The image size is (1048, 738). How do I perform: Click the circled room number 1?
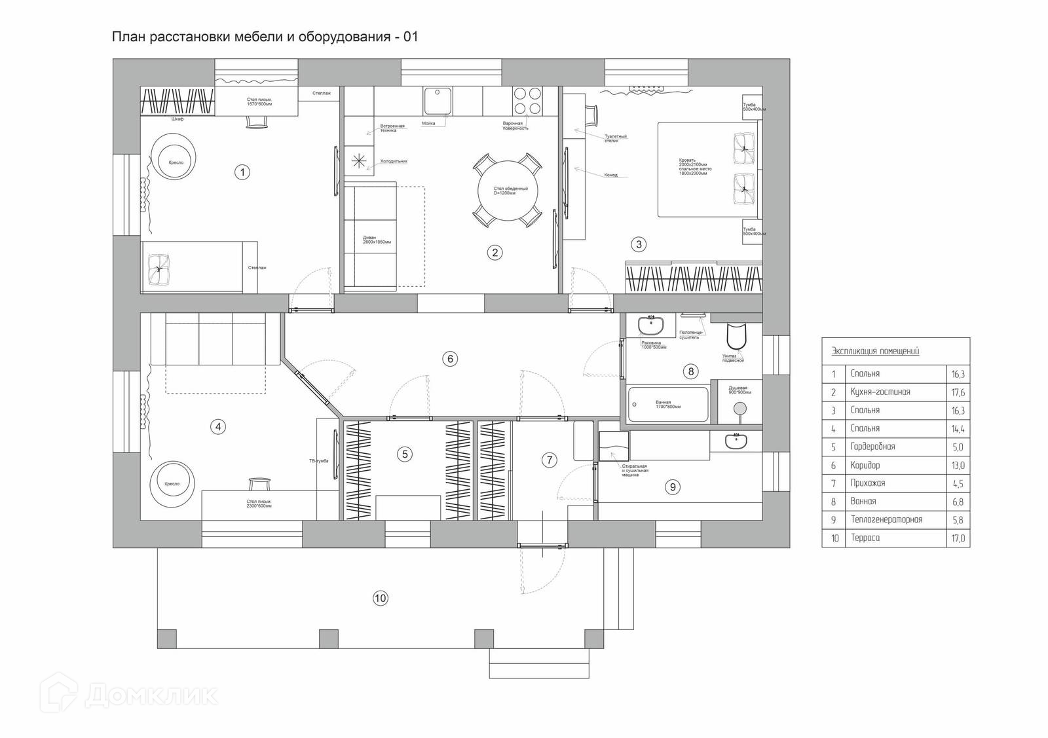click(x=242, y=172)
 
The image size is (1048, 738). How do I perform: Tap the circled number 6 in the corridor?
click(x=449, y=359)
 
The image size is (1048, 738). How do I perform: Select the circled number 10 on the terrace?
click(x=380, y=598)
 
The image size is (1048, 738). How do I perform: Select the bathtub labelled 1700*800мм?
click(x=668, y=404)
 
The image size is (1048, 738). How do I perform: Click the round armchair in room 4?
click(x=173, y=484)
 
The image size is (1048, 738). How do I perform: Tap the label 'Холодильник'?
click(x=394, y=160)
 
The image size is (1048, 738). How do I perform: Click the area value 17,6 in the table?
click(x=957, y=392)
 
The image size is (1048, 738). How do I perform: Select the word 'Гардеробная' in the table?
click(x=872, y=447)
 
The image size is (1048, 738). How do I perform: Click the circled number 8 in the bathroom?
click(x=690, y=372)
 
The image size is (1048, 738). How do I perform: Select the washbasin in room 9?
click(x=736, y=442)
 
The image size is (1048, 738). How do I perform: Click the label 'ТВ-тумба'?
click(x=318, y=461)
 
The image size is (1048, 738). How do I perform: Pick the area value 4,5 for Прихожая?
click(x=957, y=484)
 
